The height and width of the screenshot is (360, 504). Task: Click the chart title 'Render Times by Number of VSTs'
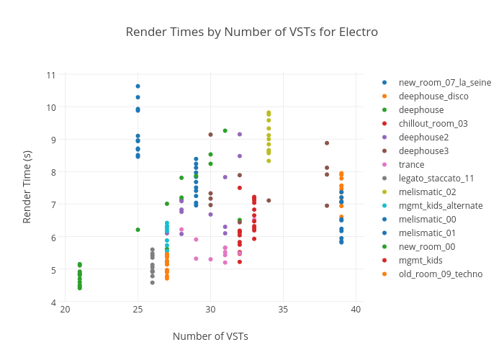coord(251,32)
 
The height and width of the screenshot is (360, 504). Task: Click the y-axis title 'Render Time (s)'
coord(27,187)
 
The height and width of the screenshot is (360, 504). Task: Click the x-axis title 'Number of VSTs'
coord(210,336)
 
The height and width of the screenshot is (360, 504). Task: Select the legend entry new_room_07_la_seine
coord(444,83)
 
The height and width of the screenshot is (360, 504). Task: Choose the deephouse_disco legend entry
coord(433,96)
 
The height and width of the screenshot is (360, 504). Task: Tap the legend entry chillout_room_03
coord(433,124)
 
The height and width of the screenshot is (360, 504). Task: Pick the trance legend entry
coord(411,165)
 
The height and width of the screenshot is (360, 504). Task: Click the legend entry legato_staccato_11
coord(436,179)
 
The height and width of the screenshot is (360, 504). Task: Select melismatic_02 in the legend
coord(427,192)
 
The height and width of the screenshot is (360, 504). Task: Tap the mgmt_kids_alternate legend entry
coord(441,206)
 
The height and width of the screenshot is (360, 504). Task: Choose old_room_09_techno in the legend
coord(440,274)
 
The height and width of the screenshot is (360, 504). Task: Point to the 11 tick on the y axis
coord(51,75)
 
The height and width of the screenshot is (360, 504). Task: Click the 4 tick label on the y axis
coord(53,302)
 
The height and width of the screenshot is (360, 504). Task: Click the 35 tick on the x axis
coord(283,310)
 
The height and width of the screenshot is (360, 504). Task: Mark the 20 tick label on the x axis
coord(66,310)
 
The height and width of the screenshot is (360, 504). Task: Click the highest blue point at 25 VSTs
coord(138,86)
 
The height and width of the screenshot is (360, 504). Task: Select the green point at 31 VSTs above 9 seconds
coord(225,131)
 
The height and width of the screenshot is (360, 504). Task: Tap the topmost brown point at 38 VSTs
coord(327,143)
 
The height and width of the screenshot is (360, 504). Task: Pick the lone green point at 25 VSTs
coord(138,230)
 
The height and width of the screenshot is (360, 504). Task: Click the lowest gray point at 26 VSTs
coord(152,283)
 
